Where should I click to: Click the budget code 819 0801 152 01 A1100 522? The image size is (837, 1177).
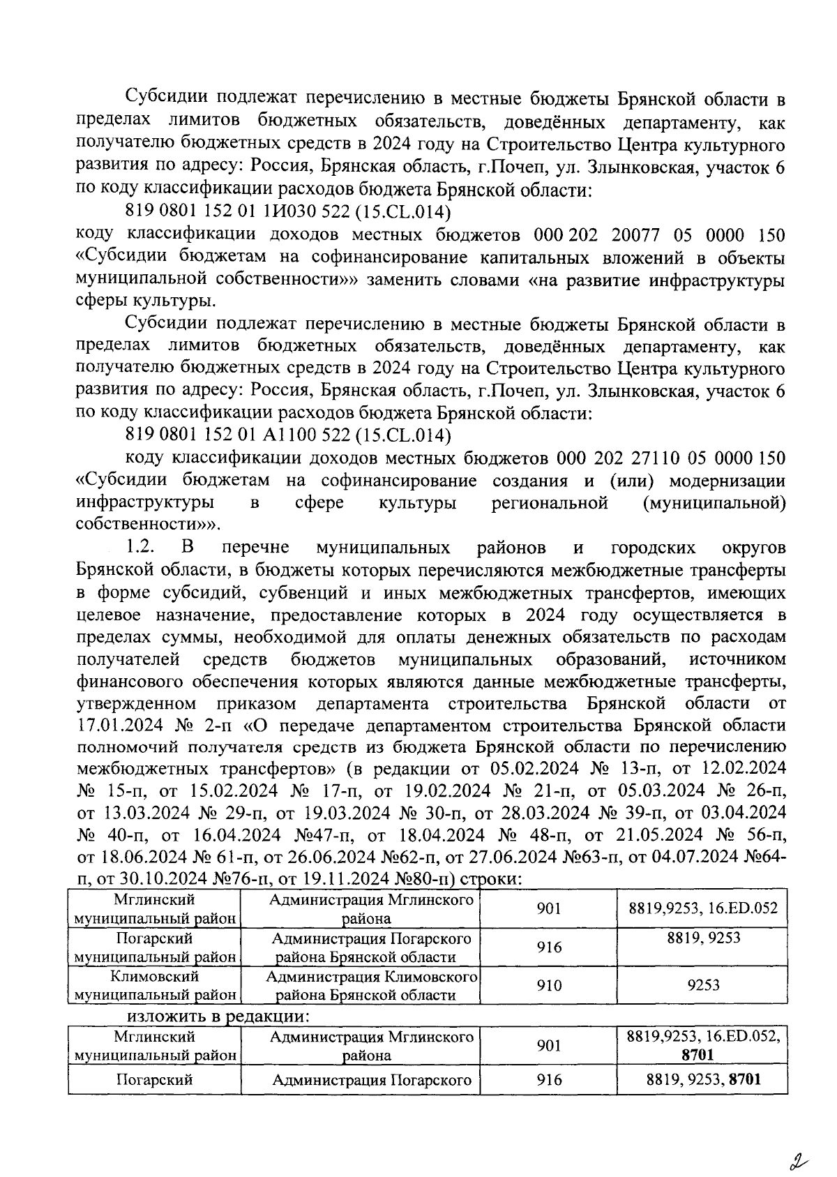click(x=287, y=436)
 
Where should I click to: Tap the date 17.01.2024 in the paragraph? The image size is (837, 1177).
click(x=116, y=726)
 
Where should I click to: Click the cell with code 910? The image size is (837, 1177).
click(x=549, y=985)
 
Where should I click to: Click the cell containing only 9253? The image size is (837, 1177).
click(x=703, y=985)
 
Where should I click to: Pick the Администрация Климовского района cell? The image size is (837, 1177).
click(x=371, y=985)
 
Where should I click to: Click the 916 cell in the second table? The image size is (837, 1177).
click(x=549, y=1080)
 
